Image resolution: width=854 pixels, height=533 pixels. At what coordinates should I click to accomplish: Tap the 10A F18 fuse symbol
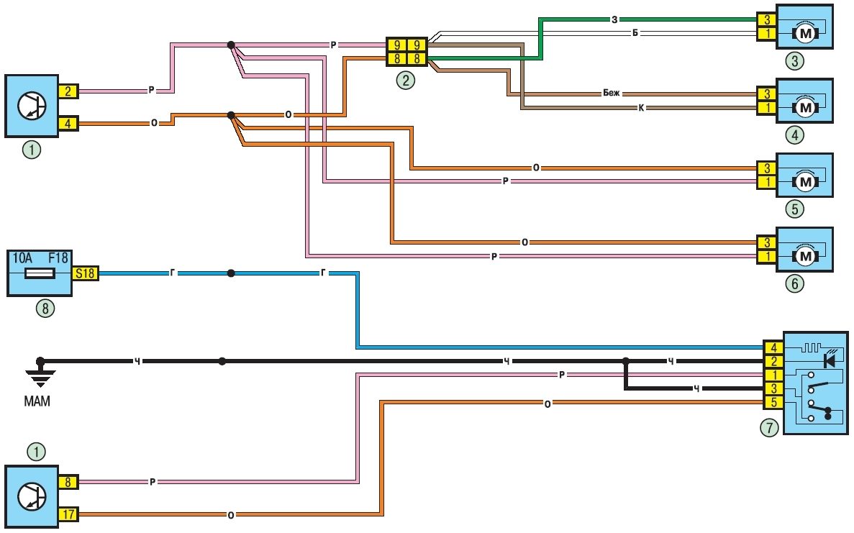click(x=40, y=273)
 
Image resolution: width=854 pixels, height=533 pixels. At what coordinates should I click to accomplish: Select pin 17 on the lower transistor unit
click(x=67, y=514)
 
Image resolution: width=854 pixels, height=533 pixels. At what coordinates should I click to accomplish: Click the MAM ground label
click(x=37, y=402)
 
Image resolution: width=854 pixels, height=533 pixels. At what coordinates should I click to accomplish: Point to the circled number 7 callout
click(x=769, y=428)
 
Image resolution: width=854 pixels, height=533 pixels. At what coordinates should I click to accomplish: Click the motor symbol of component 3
click(x=805, y=32)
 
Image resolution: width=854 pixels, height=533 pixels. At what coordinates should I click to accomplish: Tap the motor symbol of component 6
click(x=805, y=255)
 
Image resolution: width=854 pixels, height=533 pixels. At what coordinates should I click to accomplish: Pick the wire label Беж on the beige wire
click(x=611, y=94)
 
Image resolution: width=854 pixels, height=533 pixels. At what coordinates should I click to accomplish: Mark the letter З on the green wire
click(x=614, y=19)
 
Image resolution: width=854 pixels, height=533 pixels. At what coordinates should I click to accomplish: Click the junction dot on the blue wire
click(x=231, y=273)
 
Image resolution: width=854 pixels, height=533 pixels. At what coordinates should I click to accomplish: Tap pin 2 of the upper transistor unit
click(x=67, y=91)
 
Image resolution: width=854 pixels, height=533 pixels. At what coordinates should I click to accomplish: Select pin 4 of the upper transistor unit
click(x=67, y=123)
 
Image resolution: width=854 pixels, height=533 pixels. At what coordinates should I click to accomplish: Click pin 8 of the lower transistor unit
click(x=67, y=482)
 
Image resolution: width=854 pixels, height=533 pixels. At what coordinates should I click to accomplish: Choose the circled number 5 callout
click(x=794, y=209)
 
